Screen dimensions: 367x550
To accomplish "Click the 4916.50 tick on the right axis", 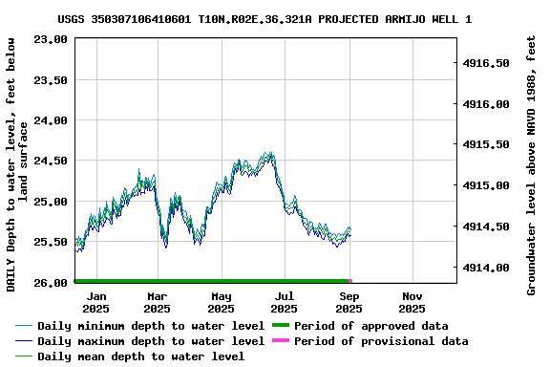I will pyautogui.click(x=486, y=63).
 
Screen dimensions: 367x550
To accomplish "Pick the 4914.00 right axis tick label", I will pyautogui.click(x=486, y=268).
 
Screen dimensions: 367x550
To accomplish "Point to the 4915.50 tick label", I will pyautogui.click(x=486, y=144).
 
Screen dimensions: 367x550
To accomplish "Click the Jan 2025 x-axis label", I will pyautogui.click(x=95, y=302).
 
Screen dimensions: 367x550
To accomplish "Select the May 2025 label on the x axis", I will pyautogui.click(x=222, y=302).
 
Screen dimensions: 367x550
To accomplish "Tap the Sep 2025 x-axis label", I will pyautogui.click(x=349, y=302).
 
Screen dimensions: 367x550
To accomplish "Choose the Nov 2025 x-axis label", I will pyautogui.click(x=412, y=302).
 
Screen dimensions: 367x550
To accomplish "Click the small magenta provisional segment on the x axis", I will pyautogui.click(x=350, y=281).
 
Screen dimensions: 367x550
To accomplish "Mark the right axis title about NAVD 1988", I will pyautogui.click(x=531, y=164).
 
